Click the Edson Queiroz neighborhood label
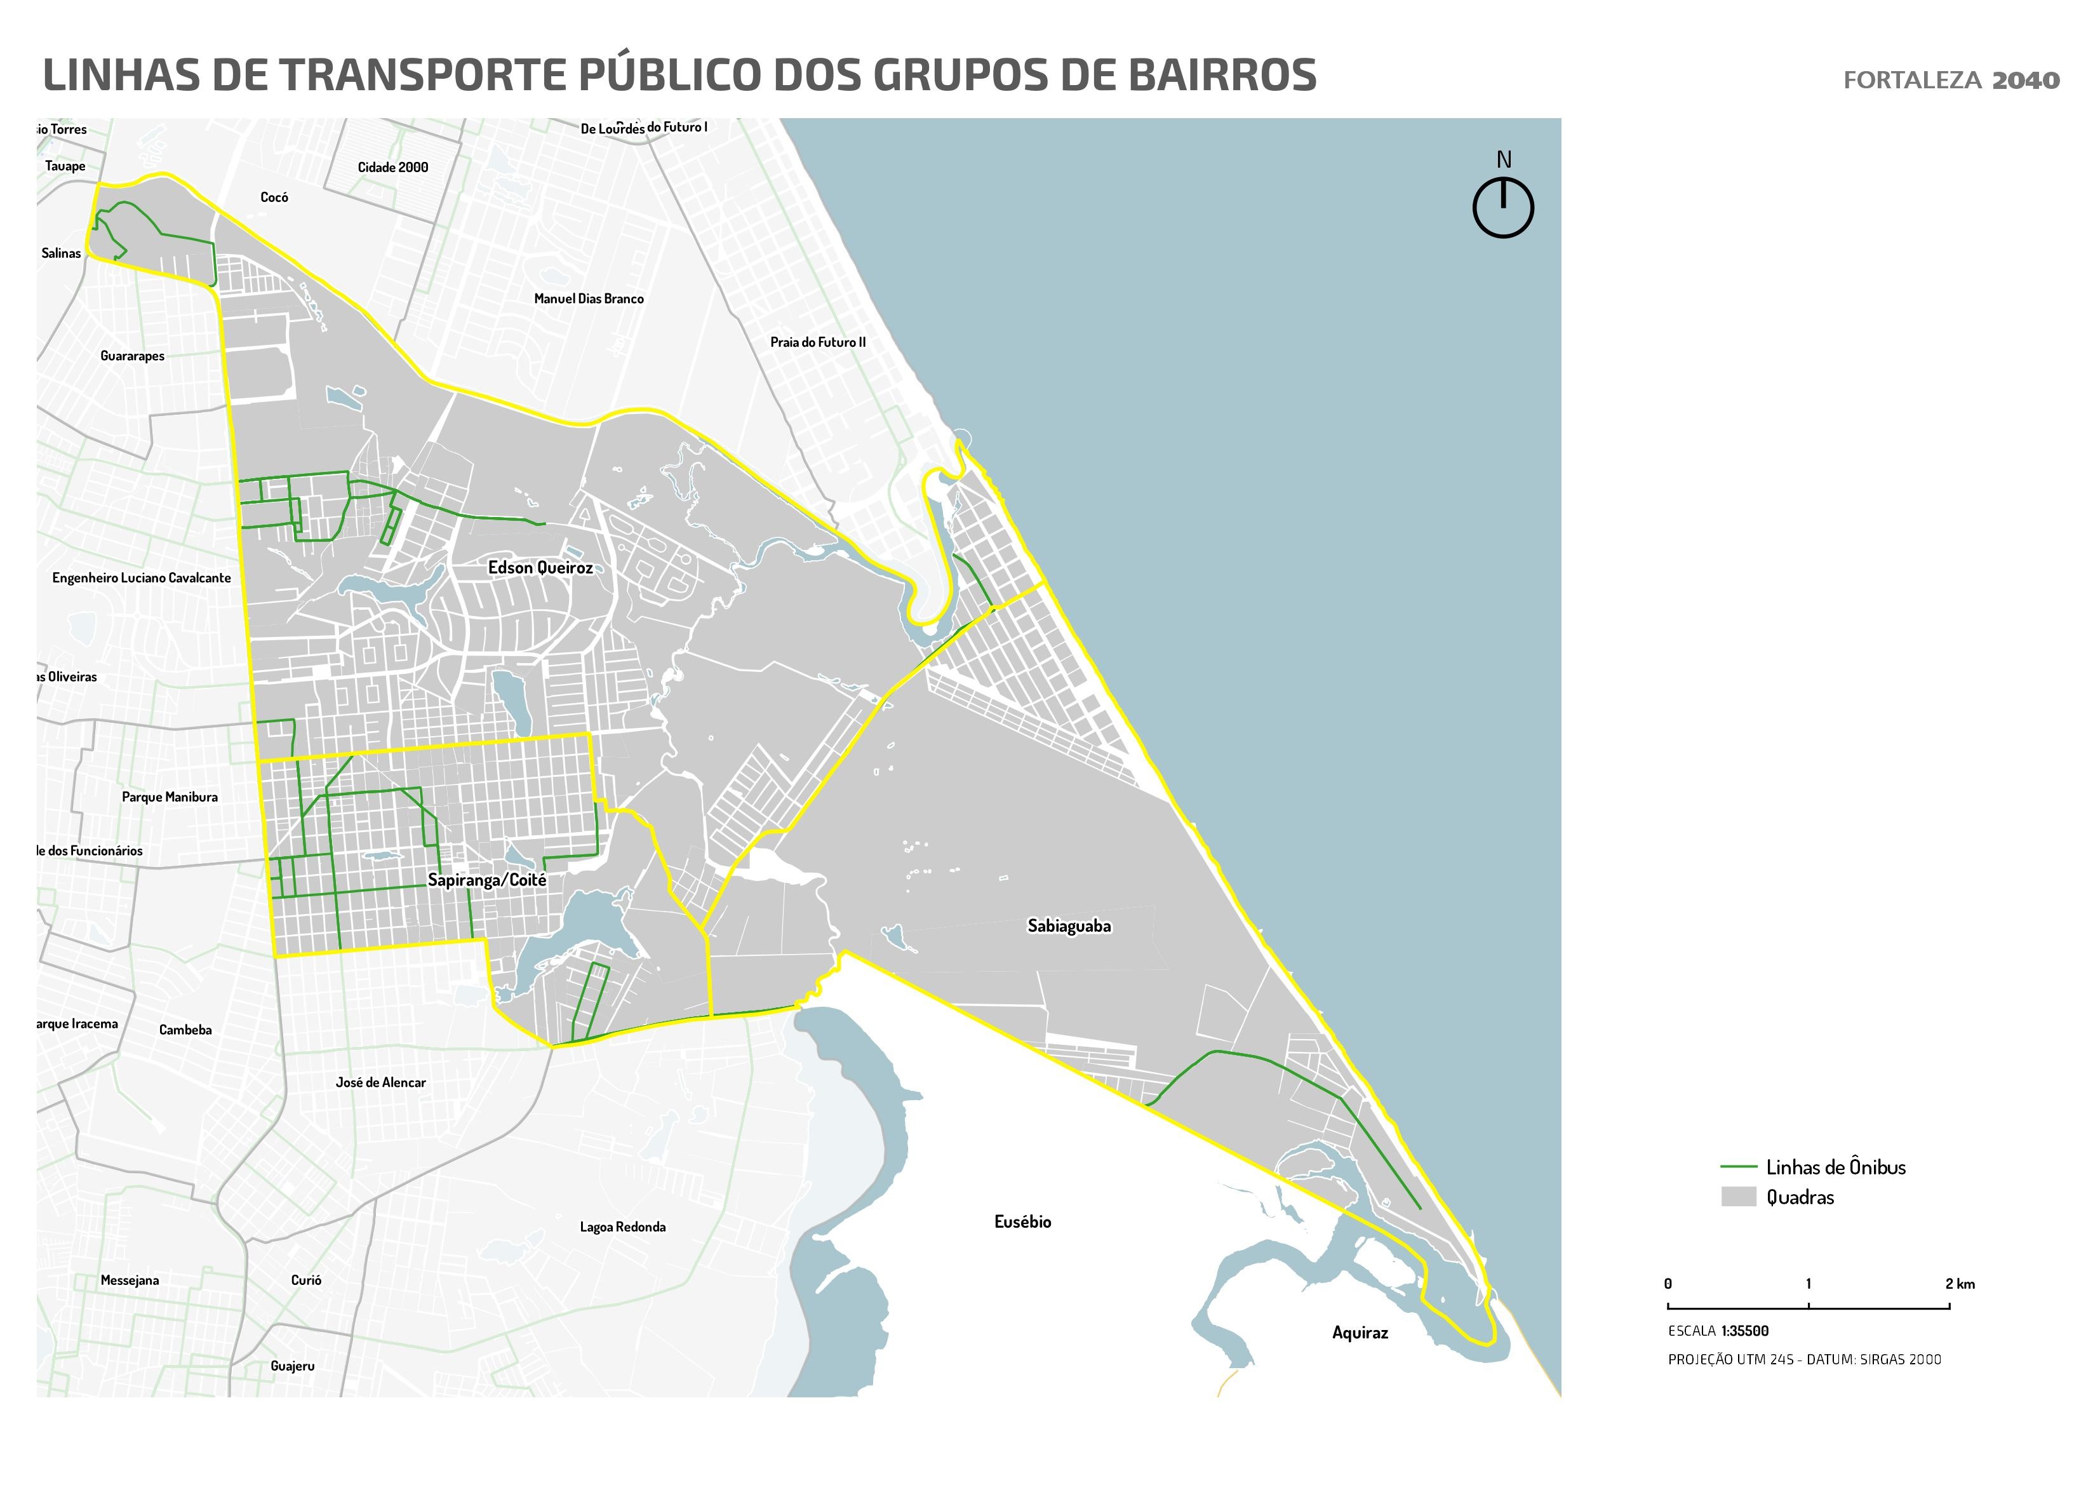[540, 567]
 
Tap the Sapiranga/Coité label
[486, 880]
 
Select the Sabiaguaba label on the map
[1068, 926]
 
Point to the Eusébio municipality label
[1022, 1221]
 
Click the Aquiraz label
[1359, 1332]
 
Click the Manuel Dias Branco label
[588, 299]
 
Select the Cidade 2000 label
[392, 166]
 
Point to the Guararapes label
[133, 356]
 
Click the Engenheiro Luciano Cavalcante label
[142, 577]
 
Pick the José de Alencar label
[380, 1082]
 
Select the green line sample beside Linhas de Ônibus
[1738, 1167]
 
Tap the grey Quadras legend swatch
[1738, 1197]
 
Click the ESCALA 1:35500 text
[1718, 1331]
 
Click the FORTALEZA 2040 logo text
[1951, 81]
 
